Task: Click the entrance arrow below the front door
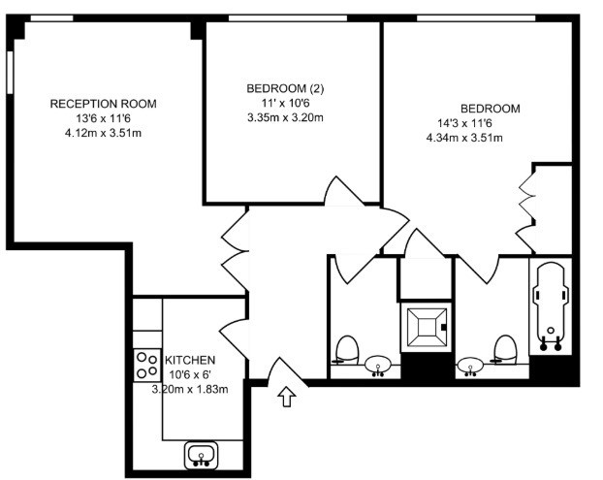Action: [287, 397]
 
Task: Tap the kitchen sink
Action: [201, 455]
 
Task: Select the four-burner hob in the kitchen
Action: [147, 365]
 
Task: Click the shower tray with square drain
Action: [426, 327]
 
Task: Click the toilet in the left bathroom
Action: [346, 350]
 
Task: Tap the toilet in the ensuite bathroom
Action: [504, 349]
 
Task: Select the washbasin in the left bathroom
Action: [378, 365]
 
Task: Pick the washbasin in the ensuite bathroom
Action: [470, 366]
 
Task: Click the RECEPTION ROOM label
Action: [103, 104]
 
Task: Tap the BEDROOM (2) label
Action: [285, 89]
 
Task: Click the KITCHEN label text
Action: [190, 361]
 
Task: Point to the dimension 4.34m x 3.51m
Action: [464, 138]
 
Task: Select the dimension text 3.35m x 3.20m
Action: [285, 117]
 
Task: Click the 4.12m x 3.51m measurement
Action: [103, 133]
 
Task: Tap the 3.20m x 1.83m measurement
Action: [190, 389]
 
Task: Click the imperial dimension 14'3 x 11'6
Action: [464, 123]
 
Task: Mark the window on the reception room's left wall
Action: [10, 72]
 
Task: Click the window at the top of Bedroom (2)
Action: [288, 18]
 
